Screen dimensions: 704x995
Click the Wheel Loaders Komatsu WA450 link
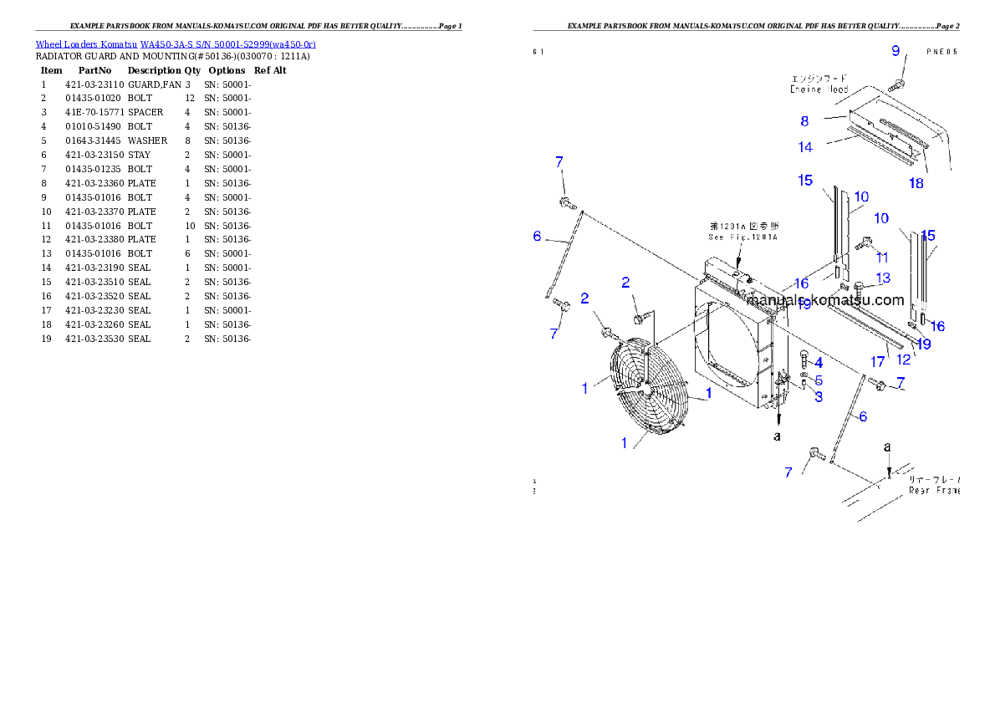click(176, 44)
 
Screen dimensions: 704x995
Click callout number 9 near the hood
click(895, 51)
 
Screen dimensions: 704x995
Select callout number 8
click(804, 121)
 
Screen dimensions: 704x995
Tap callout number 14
click(805, 147)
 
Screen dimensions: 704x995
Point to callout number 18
click(916, 183)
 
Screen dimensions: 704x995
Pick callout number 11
click(882, 258)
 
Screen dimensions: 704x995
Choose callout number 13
click(883, 278)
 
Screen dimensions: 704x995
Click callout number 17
click(877, 362)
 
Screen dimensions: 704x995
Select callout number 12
click(904, 360)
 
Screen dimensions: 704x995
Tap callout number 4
click(818, 363)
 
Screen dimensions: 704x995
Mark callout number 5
click(819, 380)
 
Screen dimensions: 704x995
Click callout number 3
click(819, 397)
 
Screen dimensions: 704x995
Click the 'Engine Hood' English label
click(819, 89)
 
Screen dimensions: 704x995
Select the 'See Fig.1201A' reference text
click(742, 237)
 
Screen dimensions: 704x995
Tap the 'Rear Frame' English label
click(933, 491)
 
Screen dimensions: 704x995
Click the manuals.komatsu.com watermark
click(825, 300)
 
